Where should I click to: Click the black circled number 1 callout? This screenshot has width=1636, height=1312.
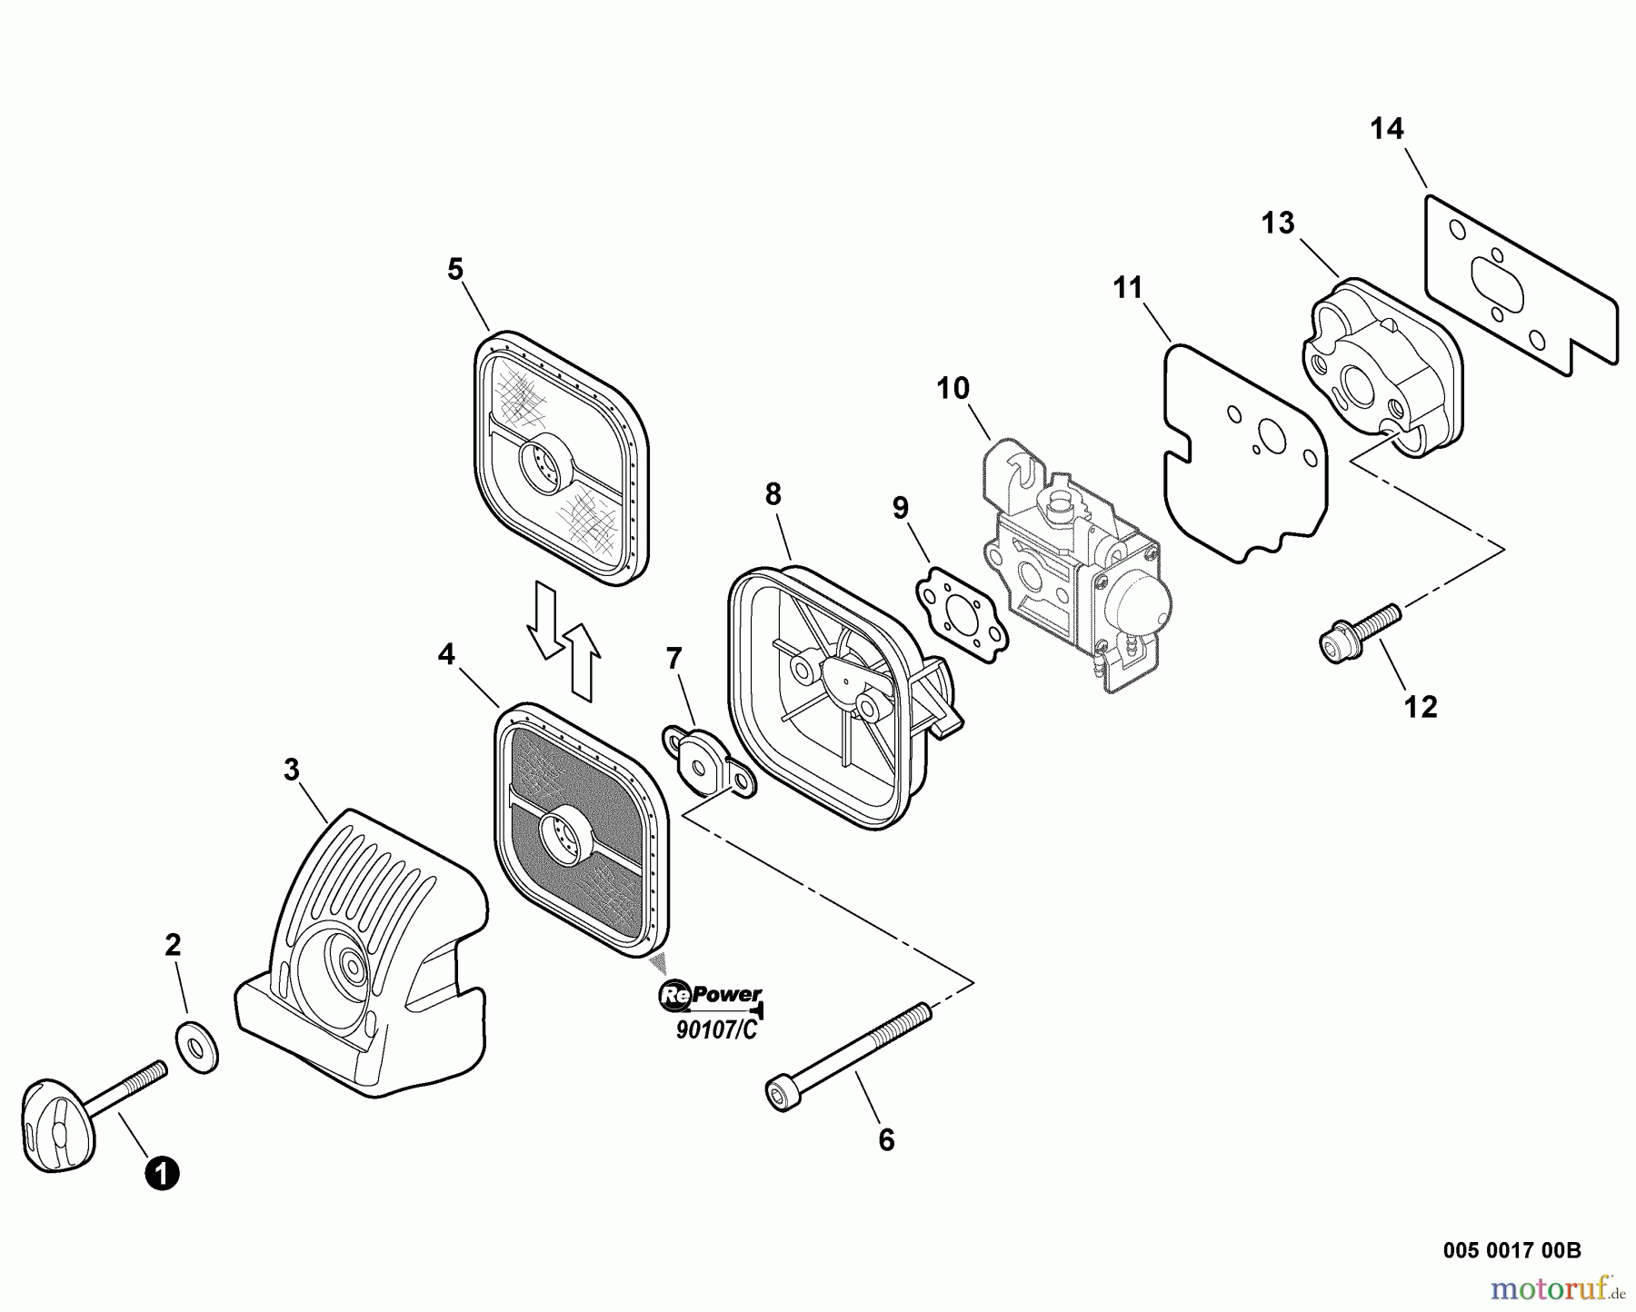point(163,1173)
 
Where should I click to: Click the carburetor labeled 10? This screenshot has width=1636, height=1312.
point(1072,563)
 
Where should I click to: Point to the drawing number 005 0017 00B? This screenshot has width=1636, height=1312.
point(1511,1250)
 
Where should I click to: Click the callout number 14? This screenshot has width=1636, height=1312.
point(1387,129)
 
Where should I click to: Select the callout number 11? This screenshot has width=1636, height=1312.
point(1128,288)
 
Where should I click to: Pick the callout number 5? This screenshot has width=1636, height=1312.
point(455,269)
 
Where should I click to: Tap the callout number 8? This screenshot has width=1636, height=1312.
point(773,494)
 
